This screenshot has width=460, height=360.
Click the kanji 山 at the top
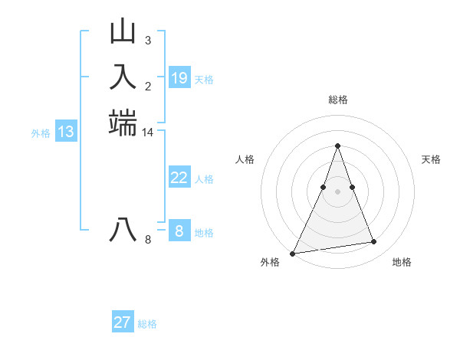(123, 32)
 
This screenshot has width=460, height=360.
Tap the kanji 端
(123, 123)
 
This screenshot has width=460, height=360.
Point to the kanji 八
(123, 229)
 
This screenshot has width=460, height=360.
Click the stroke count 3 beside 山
(147, 40)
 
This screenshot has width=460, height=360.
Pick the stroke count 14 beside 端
(148, 133)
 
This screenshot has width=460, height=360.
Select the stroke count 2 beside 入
(147, 86)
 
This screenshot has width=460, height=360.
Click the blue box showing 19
(179, 77)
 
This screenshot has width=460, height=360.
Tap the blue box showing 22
(179, 178)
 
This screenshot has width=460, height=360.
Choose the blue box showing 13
(66, 132)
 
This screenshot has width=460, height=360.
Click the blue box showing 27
(123, 322)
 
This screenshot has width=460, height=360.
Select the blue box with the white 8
(179, 231)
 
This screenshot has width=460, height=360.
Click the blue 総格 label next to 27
(147, 324)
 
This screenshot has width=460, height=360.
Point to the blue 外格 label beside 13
(41, 133)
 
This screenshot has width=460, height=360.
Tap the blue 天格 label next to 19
(204, 79)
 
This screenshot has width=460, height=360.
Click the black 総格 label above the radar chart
(337, 100)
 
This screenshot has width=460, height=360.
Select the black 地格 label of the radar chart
(402, 263)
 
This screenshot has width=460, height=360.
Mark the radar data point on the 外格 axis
(293, 254)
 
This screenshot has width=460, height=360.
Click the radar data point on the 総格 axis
(337, 146)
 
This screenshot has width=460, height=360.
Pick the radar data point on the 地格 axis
(374, 242)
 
